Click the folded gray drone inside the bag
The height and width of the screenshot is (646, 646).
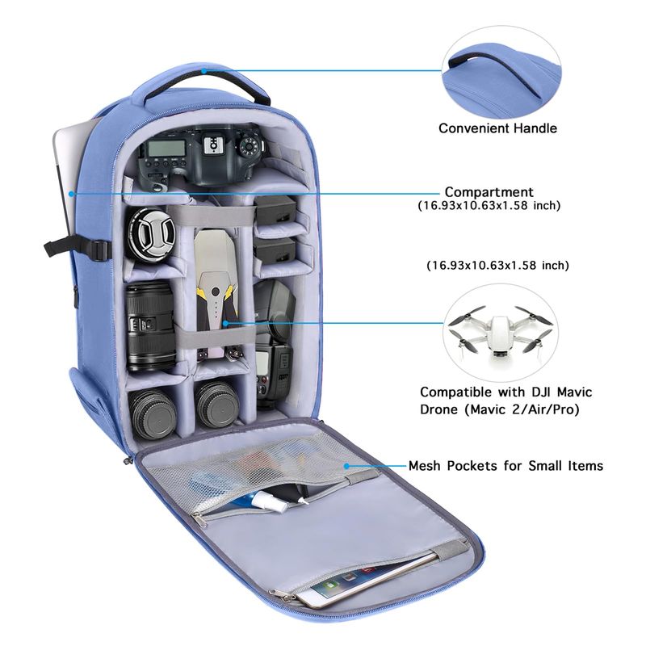pyautogui.click(x=216, y=291)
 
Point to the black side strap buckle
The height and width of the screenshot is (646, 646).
pyautogui.click(x=98, y=250)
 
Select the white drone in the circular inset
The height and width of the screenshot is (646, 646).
pyautogui.click(x=500, y=331)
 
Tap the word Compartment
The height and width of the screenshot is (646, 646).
pyautogui.click(x=489, y=192)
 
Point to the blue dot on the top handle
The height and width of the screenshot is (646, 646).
pyautogui.click(x=203, y=71)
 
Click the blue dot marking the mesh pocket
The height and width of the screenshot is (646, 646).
pyautogui.click(x=347, y=466)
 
